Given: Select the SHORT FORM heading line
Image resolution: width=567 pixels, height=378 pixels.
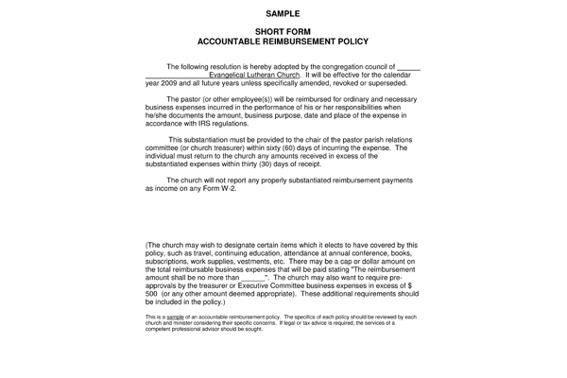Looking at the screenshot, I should (283, 33).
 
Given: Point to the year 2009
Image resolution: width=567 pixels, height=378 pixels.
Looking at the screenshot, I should (172, 84).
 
